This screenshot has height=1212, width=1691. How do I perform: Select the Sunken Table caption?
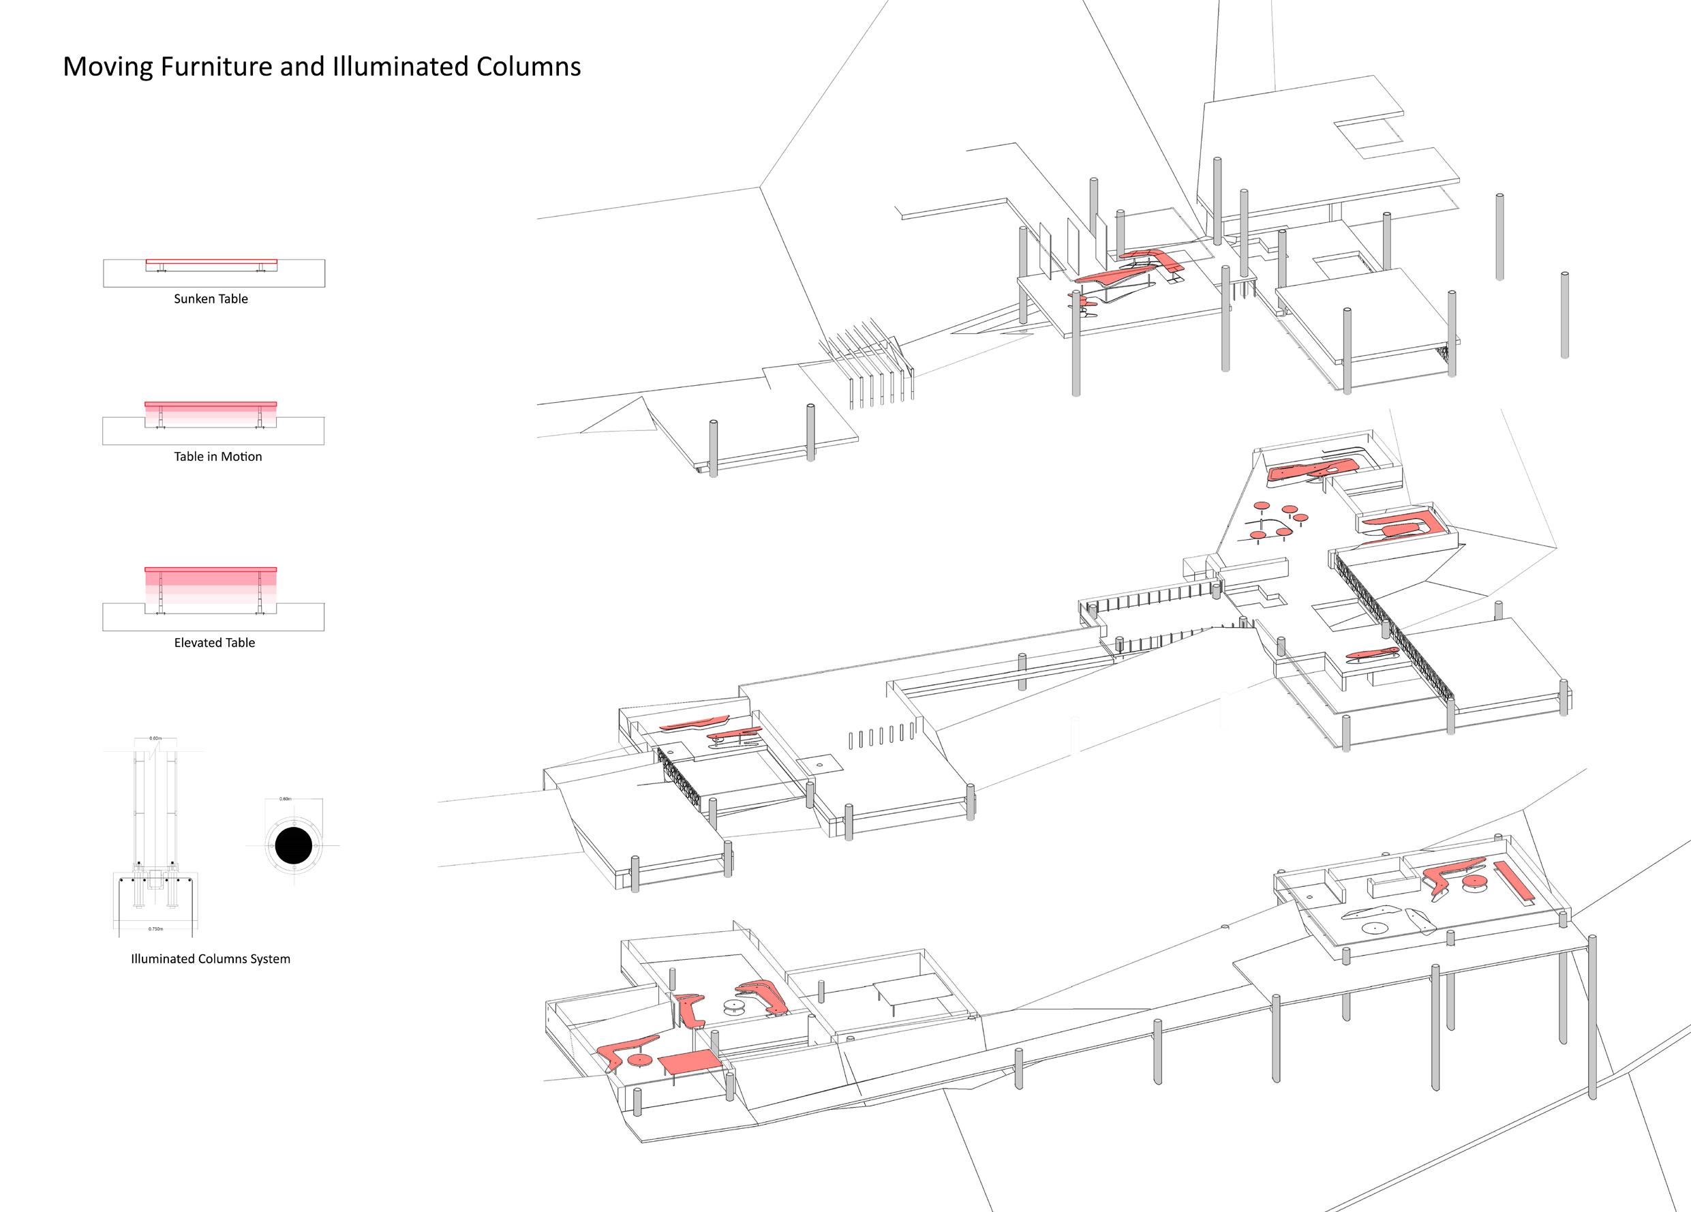click(x=211, y=299)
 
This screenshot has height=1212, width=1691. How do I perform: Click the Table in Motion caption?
click(x=217, y=457)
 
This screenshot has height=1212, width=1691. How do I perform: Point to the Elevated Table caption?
click(x=215, y=643)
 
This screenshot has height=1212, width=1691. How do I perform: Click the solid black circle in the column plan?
click(x=294, y=846)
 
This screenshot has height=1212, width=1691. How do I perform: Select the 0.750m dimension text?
click(x=155, y=929)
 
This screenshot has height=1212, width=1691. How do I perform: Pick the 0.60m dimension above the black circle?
click(x=285, y=799)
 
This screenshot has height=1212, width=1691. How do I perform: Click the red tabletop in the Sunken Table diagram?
click(x=211, y=261)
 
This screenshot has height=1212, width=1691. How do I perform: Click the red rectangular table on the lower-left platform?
click(x=689, y=1062)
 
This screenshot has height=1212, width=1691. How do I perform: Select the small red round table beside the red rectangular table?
click(x=639, y=1059)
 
